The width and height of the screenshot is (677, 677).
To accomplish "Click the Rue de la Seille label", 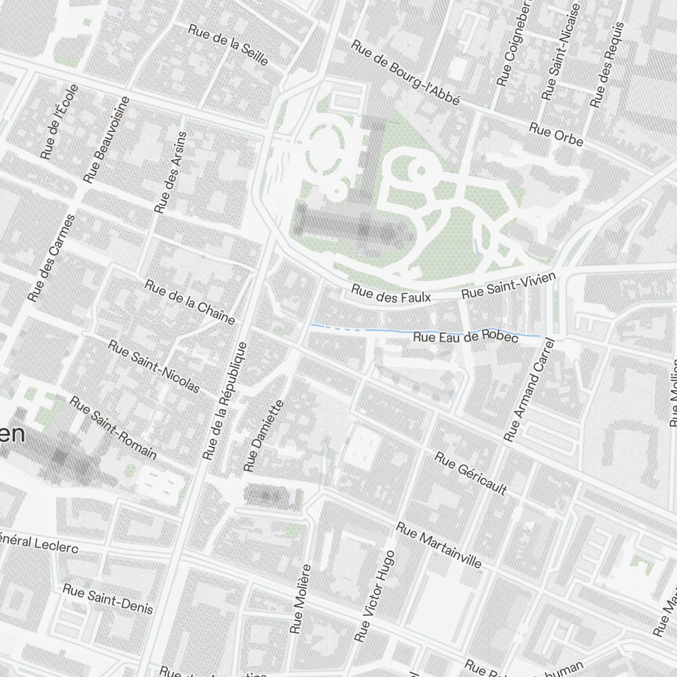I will [x=228, y=46].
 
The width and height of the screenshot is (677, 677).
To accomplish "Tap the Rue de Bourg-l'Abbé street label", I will [x=406, y=72].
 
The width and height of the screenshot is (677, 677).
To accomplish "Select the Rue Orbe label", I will [x=556, y=134].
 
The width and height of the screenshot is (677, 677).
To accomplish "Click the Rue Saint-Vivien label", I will [x=508, y=285].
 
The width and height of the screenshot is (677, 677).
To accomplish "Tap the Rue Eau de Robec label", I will [x=466, y=336].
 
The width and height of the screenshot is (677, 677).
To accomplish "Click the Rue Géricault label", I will [x=471, y=474].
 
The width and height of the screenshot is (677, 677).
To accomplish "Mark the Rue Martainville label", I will [x=439, y=545].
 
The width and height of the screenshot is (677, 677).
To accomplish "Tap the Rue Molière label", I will [x=301, y=598].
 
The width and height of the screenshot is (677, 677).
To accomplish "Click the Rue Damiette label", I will [x=263, y=435].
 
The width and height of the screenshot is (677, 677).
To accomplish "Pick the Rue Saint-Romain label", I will [x=113, y=427].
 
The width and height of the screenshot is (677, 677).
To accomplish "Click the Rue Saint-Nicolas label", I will [x=154, y=366].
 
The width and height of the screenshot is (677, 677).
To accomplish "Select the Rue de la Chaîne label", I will [x=190, y=301].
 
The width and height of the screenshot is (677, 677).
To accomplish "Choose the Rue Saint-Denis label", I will [x=108, y=598].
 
